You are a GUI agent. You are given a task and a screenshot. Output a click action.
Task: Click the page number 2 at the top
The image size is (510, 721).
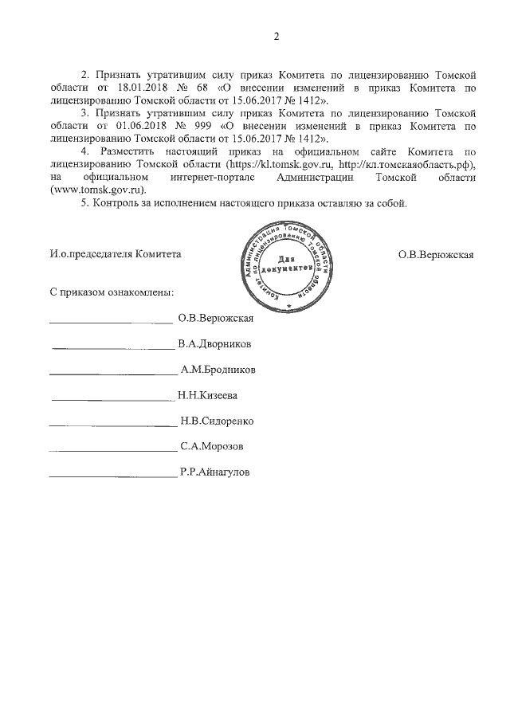point(277,36)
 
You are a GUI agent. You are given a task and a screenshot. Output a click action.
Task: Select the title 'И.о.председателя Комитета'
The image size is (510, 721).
point(115,254)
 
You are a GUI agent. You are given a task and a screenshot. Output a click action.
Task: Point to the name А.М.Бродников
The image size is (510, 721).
point(218,370)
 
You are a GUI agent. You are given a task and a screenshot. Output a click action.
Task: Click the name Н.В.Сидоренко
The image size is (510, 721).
point(218,421)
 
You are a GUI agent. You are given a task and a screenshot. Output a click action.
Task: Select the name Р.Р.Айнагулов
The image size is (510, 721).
point(215,472)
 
